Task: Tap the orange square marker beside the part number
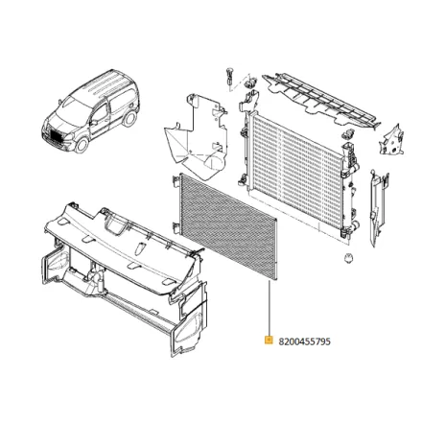pyautogui.click(x=269, y=340)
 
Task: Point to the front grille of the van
pyautogui.click(x=55, y=137)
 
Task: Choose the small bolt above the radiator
pyautogui.click(x=231, y=76)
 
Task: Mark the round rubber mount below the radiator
pyautogui.click(x=344, y=260)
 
